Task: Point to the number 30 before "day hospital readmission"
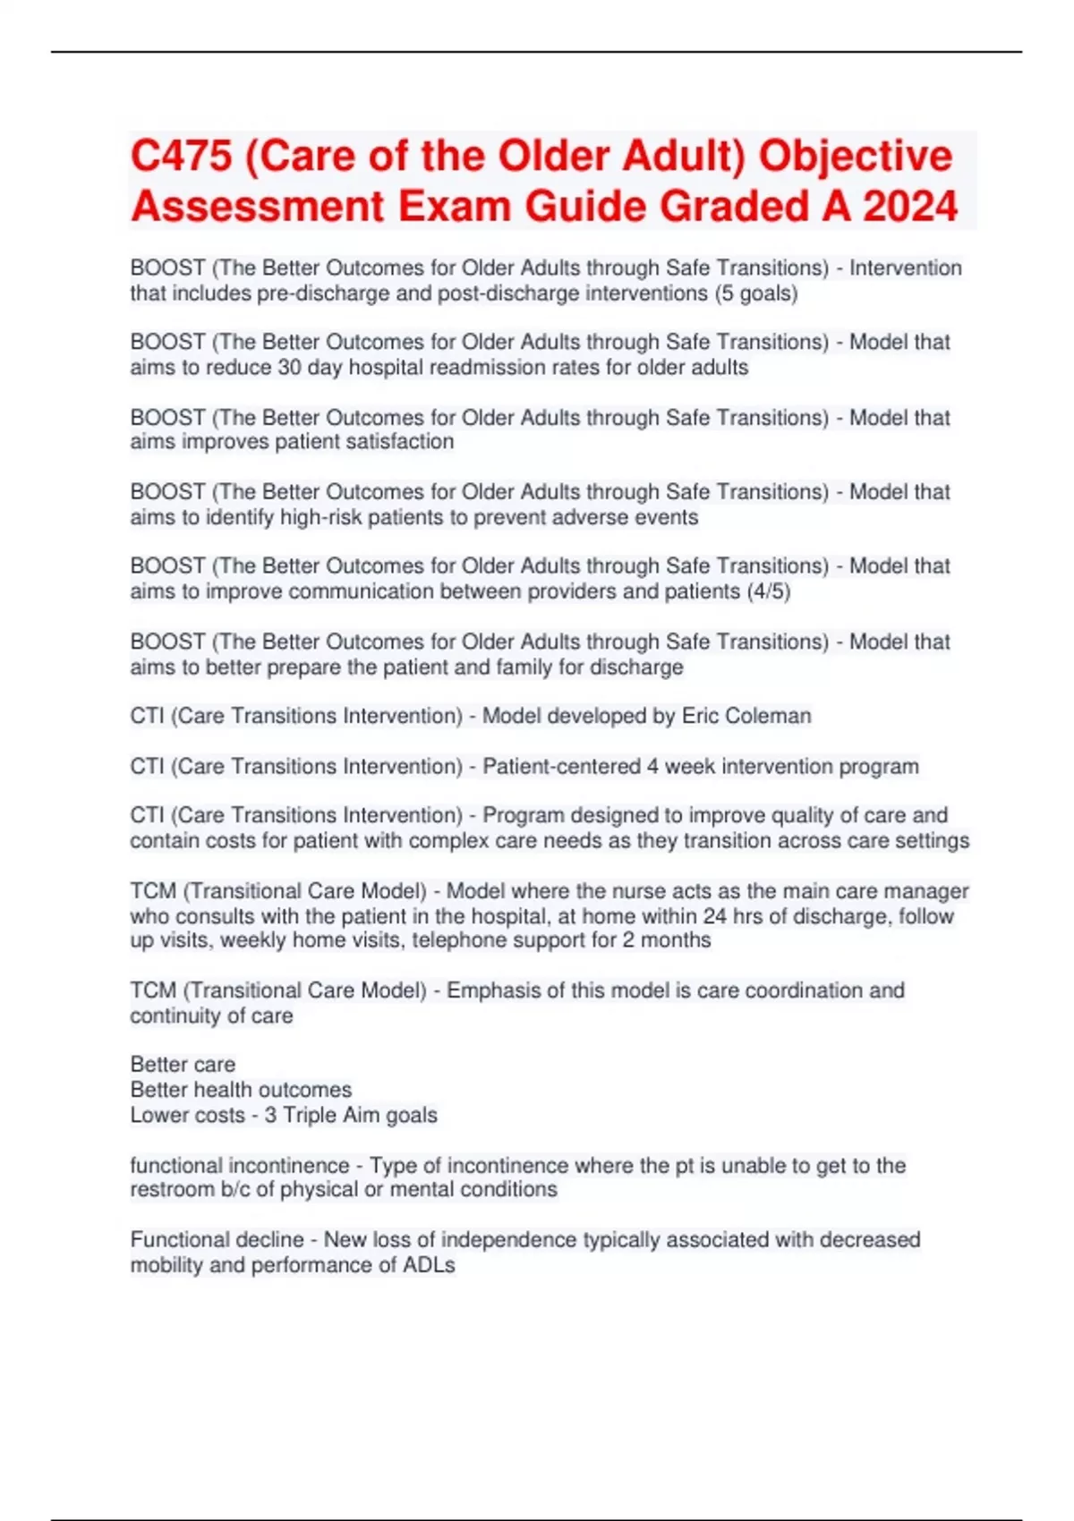(x=288, y=368)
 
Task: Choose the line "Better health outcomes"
(x=241, y=1090)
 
